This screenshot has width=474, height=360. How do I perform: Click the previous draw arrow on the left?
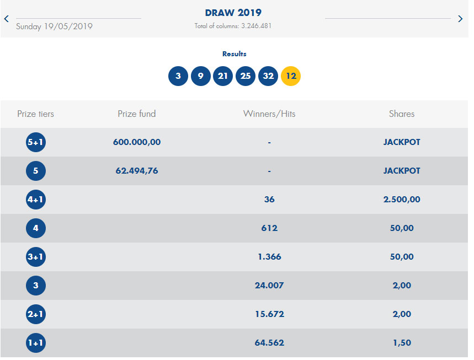(7, 19)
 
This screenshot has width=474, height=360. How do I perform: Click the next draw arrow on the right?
(461, 19)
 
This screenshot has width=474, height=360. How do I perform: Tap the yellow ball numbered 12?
(291, 76)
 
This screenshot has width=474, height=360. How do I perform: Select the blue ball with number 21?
(223, 76)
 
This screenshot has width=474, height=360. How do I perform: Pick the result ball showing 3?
(178, 76)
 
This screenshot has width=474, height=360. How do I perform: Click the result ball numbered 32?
(268, 76)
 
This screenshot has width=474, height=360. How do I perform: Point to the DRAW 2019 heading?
(233, 13)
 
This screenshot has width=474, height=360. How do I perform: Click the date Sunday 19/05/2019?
(54, 26)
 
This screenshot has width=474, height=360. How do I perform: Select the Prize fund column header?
(137, 114)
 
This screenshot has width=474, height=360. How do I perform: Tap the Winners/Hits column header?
(269, 114)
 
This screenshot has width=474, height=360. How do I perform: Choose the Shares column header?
(402, 114)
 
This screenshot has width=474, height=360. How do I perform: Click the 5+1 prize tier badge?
(36, 142)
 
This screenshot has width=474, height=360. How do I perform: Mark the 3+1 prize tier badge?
(36, 257)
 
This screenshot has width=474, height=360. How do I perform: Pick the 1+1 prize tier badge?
(36, 343)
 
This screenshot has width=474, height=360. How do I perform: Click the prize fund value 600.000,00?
(137, 142)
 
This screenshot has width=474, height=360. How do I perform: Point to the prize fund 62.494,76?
(137, 171)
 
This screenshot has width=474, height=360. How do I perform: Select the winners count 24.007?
(269, 286)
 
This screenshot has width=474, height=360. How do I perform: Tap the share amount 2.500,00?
(402, 200)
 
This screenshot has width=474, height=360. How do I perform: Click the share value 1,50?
(402, 343)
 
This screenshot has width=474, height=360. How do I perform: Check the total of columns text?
(233, 26)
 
